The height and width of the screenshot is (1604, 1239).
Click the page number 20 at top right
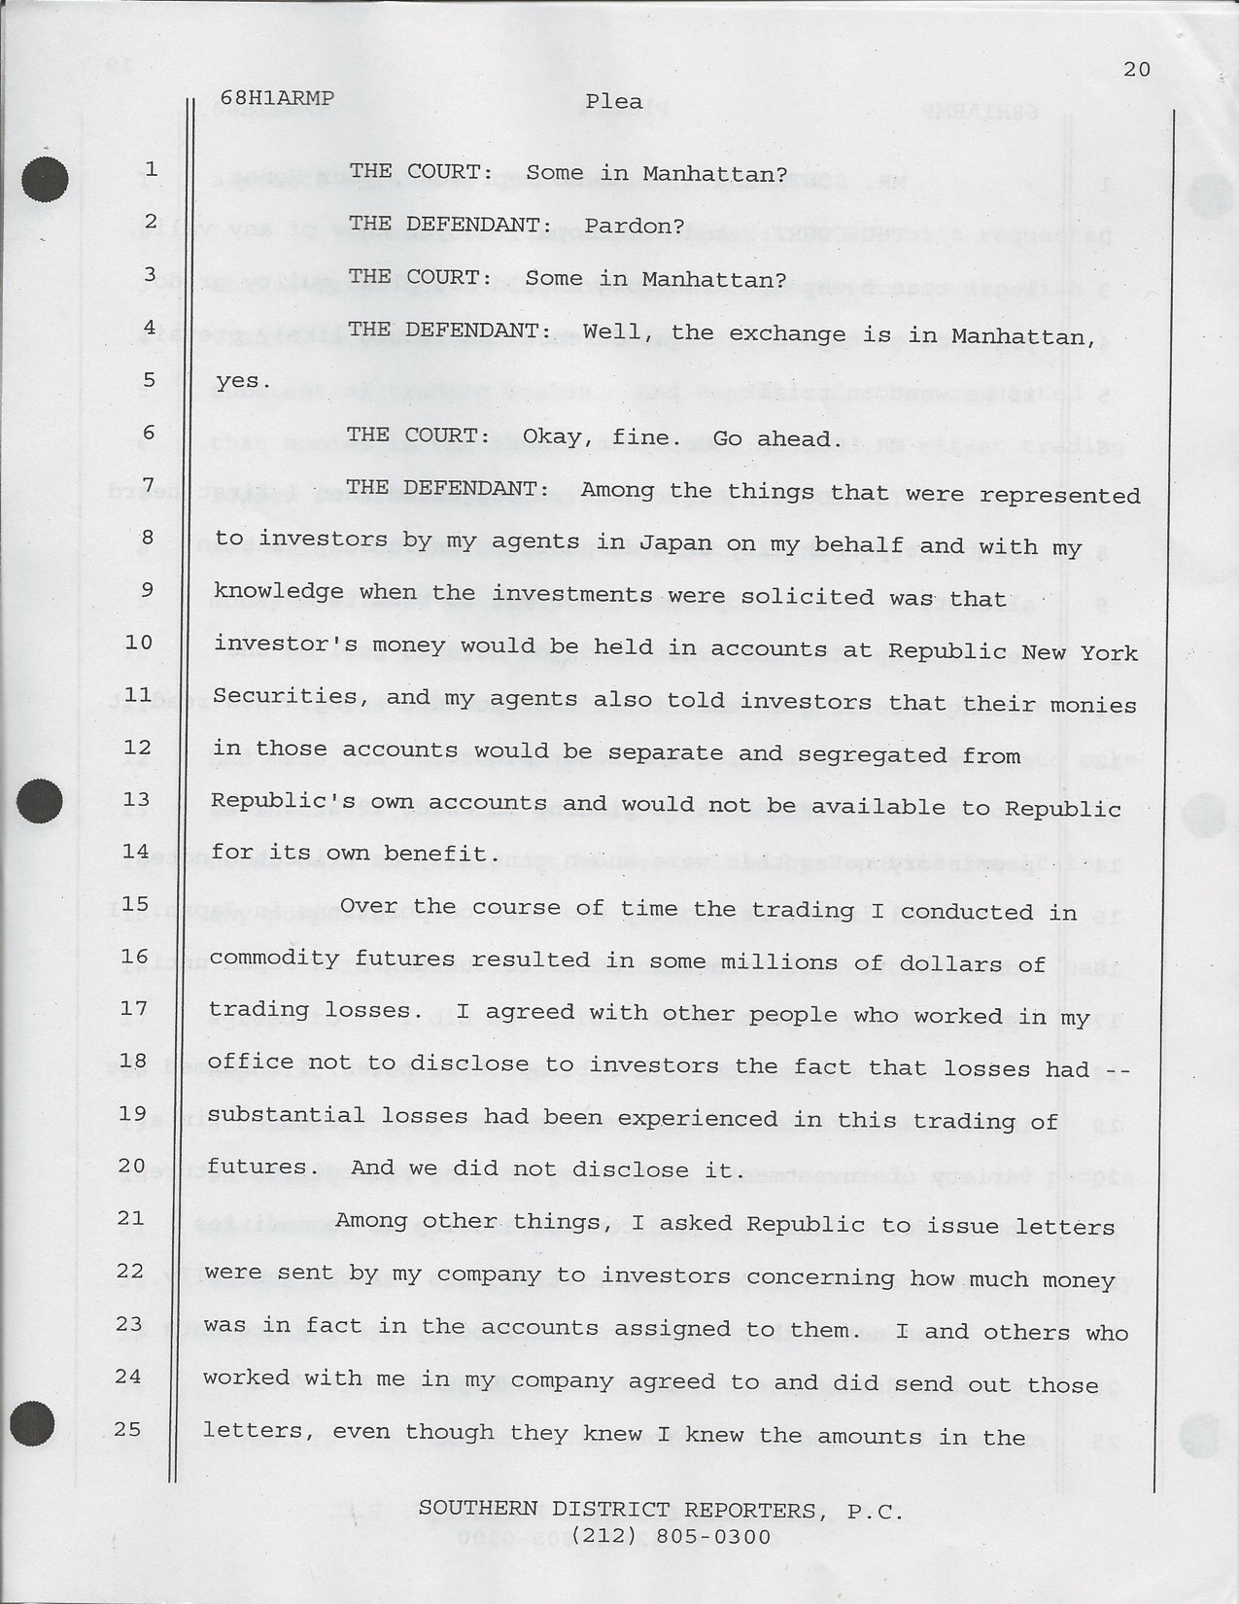pos(1136,69)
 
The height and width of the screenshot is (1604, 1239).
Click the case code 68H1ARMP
pos(277,98)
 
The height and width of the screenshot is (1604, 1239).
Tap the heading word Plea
pos(613,101)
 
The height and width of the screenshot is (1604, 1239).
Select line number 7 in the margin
pos(149,484)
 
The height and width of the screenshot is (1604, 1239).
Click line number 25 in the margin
pos(127,1429)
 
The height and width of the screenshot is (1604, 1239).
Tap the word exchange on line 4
pos(787,334)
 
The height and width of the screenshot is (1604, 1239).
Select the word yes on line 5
pos(238,381)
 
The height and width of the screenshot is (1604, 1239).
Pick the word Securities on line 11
pos(271,696)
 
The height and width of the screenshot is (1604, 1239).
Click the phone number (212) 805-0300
pos(671,1537)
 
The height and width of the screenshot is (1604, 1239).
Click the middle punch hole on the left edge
pos(39,802)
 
